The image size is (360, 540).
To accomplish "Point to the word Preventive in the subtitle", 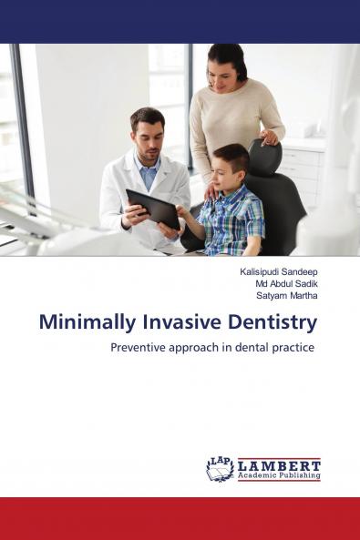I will point(143,348).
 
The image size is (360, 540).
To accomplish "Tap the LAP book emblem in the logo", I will point(220,469).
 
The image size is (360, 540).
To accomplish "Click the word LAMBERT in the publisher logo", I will point(279,464).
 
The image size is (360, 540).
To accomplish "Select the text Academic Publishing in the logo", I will point(279,475).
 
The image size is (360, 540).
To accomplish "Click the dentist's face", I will point(148,134).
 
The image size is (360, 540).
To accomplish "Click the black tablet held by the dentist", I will point(152,208).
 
